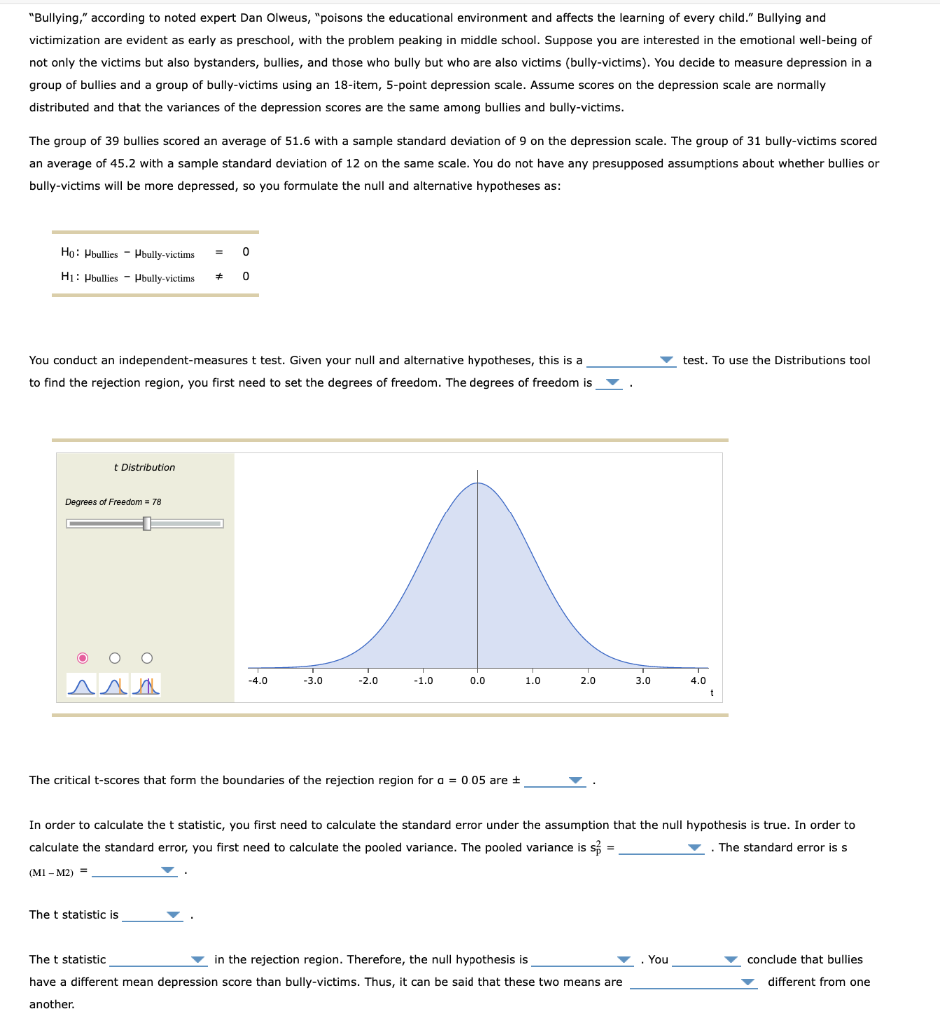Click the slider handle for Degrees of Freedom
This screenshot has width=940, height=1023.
pos(147,523)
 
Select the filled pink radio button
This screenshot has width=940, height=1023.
pos(84,657)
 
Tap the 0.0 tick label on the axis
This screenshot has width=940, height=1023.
pos(477,681)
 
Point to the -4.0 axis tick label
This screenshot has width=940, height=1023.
pos(257,681)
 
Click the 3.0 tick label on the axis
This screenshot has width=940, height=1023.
pos(643,681)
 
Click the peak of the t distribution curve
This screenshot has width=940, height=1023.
pos(477,483)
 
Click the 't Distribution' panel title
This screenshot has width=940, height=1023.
pos(145,467)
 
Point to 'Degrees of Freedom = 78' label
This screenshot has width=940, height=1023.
pos(113,502)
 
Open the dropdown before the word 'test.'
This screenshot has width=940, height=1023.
pos(631,361)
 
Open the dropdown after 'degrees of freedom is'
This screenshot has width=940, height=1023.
pos(609,384)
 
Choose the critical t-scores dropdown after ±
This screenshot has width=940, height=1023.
pos(556,781)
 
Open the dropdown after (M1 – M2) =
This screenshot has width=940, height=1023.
pos(135,871)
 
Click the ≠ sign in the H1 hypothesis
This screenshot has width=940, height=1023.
pos(217,276)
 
